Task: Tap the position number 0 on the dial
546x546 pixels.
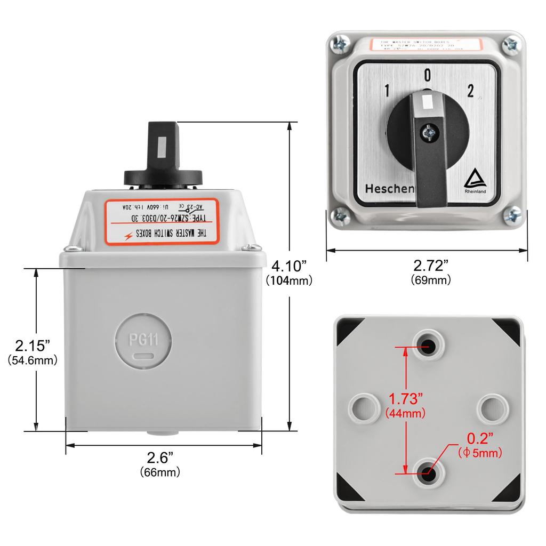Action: click(x=427, y=76)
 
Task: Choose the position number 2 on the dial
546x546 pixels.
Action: click(x=470, y=91)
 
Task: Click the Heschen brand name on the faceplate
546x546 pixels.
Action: click(x=389, y=189)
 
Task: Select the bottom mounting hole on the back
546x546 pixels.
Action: click(x=428, y=471)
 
